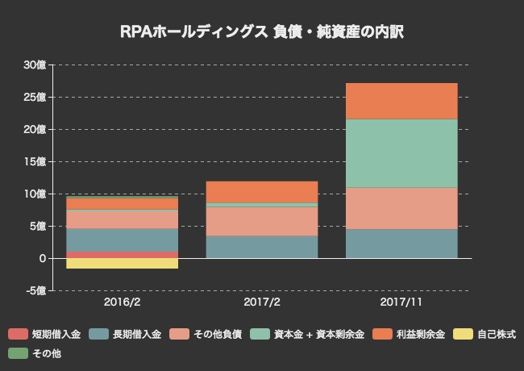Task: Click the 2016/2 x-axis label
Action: (x=122, y=302)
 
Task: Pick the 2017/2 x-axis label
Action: (x=262, y=302)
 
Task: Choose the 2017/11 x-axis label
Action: (x=401, y=302)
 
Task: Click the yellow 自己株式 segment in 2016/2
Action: (x=122, y=263)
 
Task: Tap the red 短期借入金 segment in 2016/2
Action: (x=122, y=255)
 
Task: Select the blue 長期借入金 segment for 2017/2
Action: (x=262, y=247)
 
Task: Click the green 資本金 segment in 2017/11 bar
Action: (x=401, y=153)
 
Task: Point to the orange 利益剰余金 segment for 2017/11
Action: (x=401, y=101)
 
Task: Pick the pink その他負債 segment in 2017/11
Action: (x=401, y=208)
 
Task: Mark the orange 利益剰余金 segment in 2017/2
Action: (x=262, y=192)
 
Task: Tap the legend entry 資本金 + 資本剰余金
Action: (x=310, y=334)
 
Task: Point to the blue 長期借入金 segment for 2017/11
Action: (x=401, y=244)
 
